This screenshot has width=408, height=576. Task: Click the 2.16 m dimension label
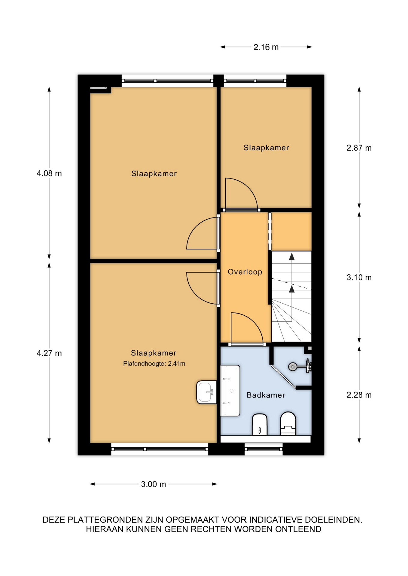point(266,47)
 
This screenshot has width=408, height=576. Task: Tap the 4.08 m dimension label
point(49,173)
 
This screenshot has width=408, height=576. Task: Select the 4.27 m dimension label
point(49,353)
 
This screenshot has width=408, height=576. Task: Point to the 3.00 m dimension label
point(154,484)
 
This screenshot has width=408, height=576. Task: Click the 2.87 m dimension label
point(359,148)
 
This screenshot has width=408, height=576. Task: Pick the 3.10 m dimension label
point(359,277)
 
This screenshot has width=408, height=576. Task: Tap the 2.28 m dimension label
point(359,395)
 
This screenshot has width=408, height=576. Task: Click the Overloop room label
point(245,272)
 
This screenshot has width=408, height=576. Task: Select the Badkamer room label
point(266,395)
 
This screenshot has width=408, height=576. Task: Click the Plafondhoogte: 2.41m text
point(154,364)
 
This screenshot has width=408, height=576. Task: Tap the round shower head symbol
point(293,367)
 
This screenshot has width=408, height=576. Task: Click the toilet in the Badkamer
point(288,423)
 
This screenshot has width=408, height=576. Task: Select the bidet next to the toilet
point(260,424)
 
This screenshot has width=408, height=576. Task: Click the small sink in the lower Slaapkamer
point(206,392)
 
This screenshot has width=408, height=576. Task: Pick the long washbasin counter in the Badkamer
point(230,391)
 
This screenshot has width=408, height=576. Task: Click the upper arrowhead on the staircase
point(292,256)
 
